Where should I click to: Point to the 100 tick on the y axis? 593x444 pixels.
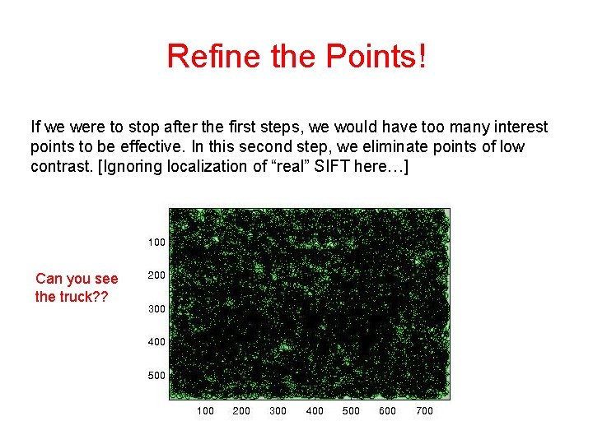click(156, 243)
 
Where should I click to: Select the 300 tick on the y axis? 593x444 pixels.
click(156, 309)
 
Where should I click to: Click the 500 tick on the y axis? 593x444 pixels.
click(156, 376)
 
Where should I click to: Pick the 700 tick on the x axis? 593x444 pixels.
click(424, 411)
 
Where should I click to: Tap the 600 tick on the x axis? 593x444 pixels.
click(388, 411)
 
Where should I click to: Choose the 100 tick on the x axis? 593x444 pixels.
click(205, 411)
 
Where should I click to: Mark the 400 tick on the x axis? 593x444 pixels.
click(315, 411)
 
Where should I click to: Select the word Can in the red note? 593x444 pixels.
click(49, 280)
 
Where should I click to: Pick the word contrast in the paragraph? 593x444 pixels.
click(58, 167)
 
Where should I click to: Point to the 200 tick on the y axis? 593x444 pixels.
click(156, 276)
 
